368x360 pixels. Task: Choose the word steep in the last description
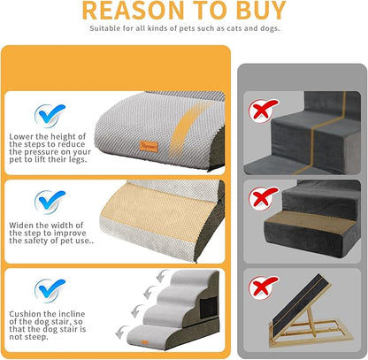coord(43,336)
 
